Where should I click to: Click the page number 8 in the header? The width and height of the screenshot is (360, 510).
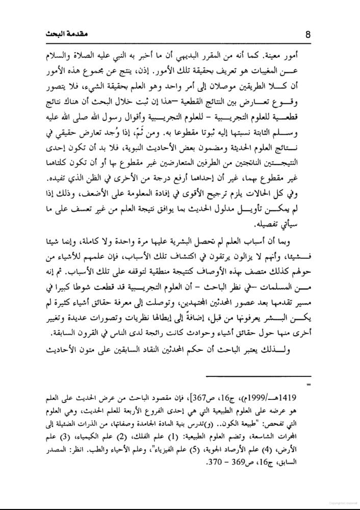pyautogui.click(x=307, y=35)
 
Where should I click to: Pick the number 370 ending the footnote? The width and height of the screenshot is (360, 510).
pyautogui.click(x=201, y=464)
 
